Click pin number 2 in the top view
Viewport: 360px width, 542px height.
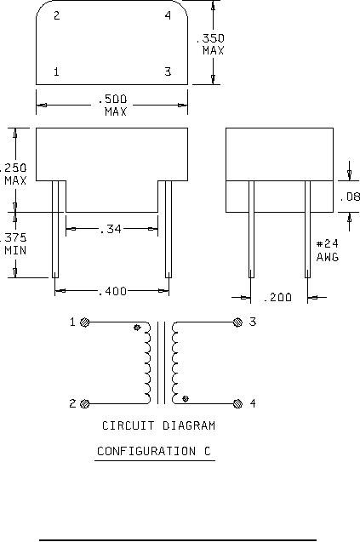(x=57, y=15)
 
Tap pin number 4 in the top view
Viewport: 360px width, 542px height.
(x=168, y=15)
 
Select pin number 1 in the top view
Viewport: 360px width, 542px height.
(x=56, y=71)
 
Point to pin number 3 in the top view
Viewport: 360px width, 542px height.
(x=168, y=71)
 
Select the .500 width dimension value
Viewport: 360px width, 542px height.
(x=112, y=100)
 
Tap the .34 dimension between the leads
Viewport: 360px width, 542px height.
(x=111, y=229)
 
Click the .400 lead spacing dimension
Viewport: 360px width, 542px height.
(x=112, y=291)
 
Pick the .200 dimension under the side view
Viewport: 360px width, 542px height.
(x=277, y=297)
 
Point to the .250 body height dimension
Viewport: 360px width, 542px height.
(x=13, y=168)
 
